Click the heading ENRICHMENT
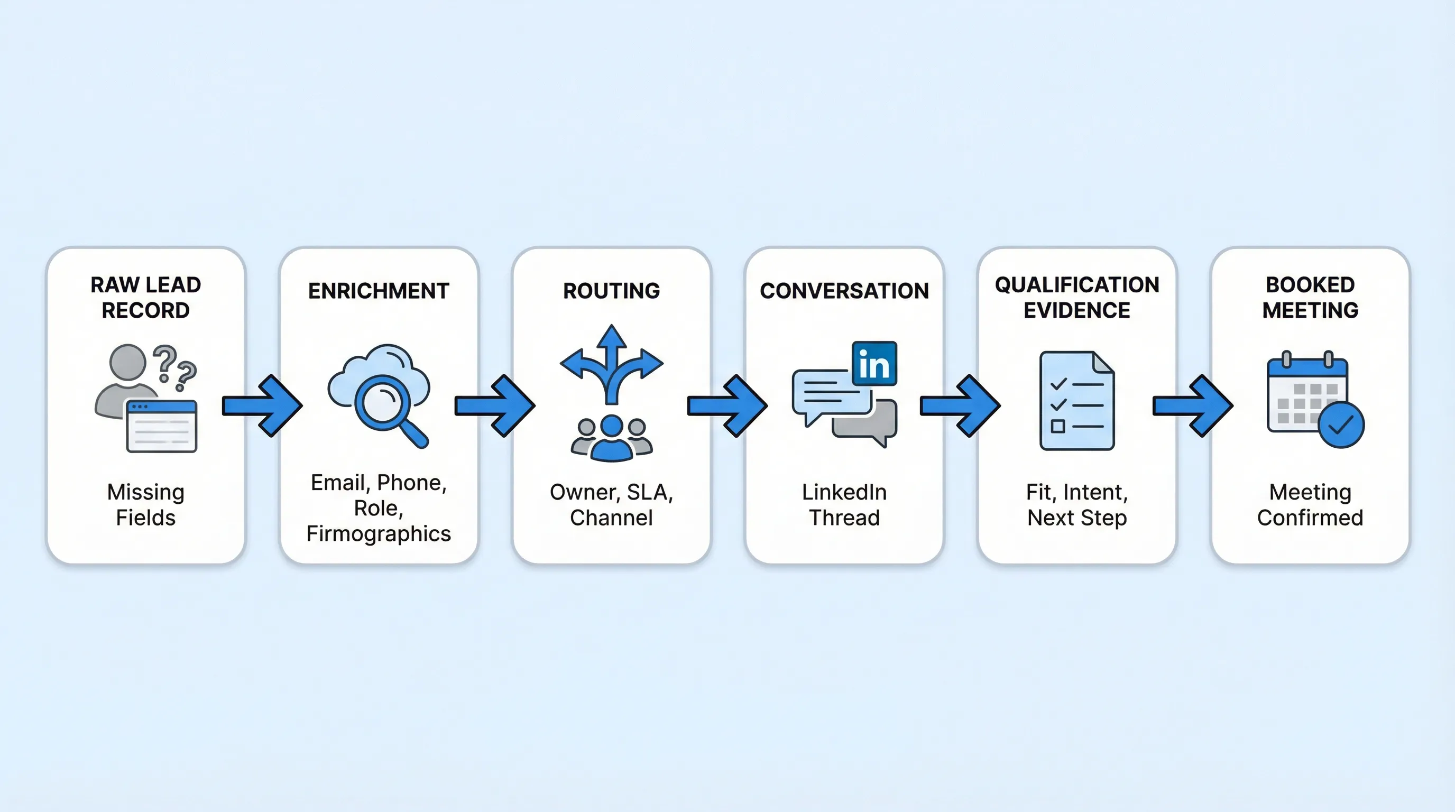(379, 291)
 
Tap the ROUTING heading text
(611, 291)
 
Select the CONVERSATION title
(844, 291)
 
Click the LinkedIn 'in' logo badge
(874, 364)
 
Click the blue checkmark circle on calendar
(1341, 425)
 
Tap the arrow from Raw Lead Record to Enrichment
(262, 405)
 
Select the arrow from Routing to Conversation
(727, 405)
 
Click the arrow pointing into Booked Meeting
(1192, 405)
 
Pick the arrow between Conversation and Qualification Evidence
(960, 405)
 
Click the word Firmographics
(379, 533)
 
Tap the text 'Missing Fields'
(146, 505)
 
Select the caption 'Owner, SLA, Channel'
(611, 505)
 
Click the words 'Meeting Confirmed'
(1310, 505)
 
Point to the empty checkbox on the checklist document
(1057, 426)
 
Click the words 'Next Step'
(1076, 518)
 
